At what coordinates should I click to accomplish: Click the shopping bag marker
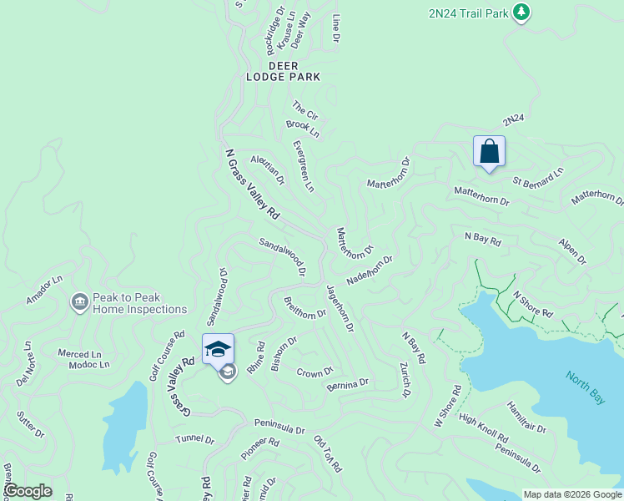[489, 152]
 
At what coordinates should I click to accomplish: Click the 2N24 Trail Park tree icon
[521, 12]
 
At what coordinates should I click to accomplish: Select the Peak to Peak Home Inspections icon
[80, 301]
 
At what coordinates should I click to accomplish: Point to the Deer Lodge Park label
[283, 70]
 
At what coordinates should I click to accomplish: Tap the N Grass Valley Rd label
[252, 185]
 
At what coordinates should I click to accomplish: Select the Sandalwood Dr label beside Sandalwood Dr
[283, 256]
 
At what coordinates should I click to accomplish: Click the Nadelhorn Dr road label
[369, 271]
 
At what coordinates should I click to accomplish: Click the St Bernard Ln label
[538, 176]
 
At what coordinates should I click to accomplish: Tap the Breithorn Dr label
[304, 308]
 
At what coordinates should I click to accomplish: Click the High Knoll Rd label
[483, 428]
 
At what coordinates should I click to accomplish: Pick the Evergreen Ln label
[304, 166]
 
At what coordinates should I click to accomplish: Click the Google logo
[28, 491]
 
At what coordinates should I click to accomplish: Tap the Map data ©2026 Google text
[571, 493]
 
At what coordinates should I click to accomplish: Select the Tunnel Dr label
[194, 439]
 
